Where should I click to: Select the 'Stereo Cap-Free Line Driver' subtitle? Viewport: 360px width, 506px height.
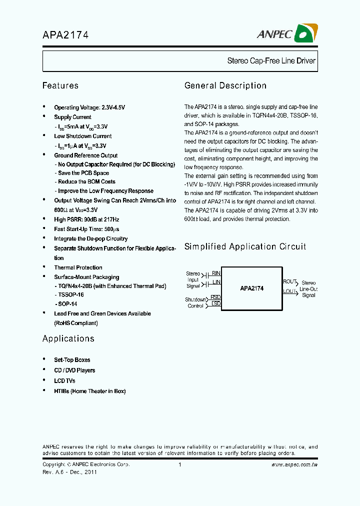tap(271, 61)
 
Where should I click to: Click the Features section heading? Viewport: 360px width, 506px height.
tap(60, 85)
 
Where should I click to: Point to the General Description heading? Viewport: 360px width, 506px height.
tap(225, 85)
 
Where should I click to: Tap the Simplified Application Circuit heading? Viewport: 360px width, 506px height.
tap(245, 246)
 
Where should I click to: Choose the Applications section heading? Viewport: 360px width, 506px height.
tap(68, 338)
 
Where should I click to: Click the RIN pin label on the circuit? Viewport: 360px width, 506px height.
tap(216, 273)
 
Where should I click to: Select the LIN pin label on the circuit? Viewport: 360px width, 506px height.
tap(216, 282)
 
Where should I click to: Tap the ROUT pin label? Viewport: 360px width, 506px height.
tap(289, 282)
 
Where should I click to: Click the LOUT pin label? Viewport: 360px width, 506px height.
tap(289, 290)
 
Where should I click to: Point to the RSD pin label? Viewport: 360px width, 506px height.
tap(215, 297)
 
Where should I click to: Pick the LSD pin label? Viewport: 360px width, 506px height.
tap(215, 303)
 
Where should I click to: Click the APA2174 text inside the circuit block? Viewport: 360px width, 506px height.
tap(251, 288)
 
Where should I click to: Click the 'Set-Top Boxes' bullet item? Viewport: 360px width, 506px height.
tap(72, 360)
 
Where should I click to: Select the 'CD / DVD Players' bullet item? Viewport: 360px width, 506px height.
tap(74, 370)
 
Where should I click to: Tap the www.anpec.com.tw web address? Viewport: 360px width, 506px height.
tap(294, 464)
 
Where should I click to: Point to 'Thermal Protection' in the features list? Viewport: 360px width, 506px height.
tap(78, 267)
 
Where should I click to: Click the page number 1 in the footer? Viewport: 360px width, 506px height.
tap(179, 464)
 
